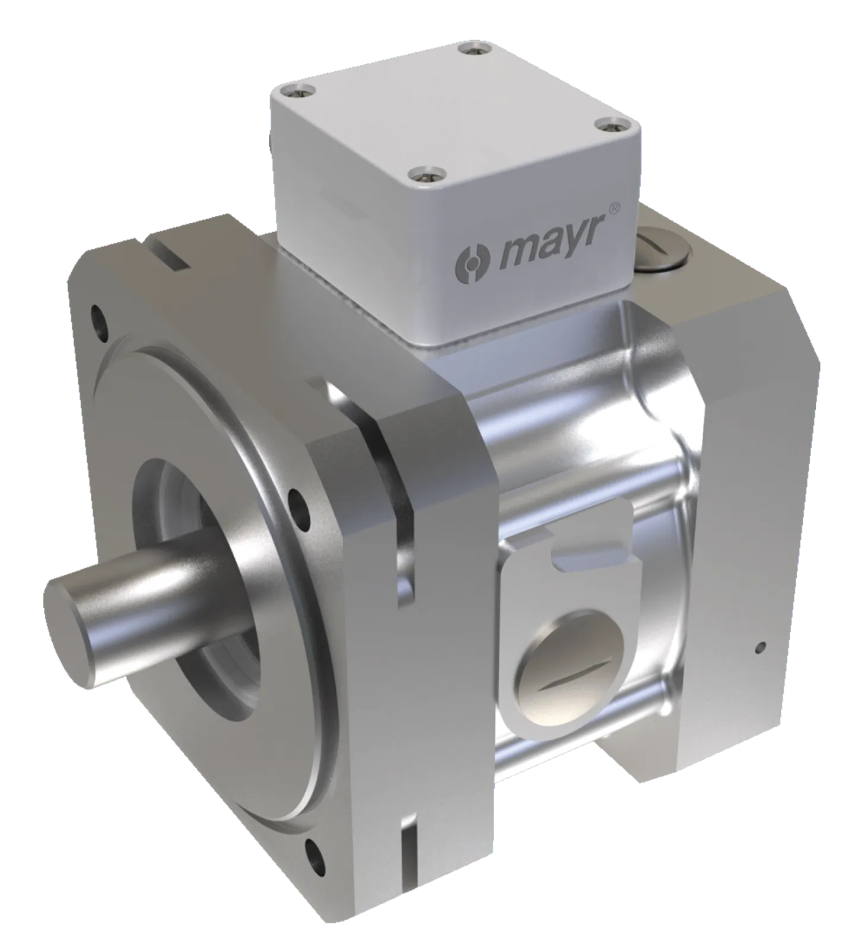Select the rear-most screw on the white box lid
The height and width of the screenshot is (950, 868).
[469, 47]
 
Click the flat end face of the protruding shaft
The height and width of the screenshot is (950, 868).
[69, 636]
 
